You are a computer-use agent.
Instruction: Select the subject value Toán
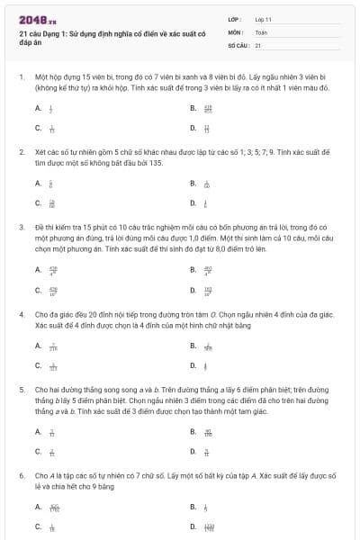point(261,31)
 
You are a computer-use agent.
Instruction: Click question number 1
point(22,78)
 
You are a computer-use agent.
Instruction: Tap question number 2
point(22,153)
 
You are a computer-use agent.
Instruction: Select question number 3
point(22,228)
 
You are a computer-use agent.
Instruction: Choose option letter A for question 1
point(38,108)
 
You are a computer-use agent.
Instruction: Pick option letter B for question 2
point(193,183)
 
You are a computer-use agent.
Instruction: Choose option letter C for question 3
point(38,290)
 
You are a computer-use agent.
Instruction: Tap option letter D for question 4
point(193,365)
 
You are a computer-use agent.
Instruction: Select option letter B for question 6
point(193,506)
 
